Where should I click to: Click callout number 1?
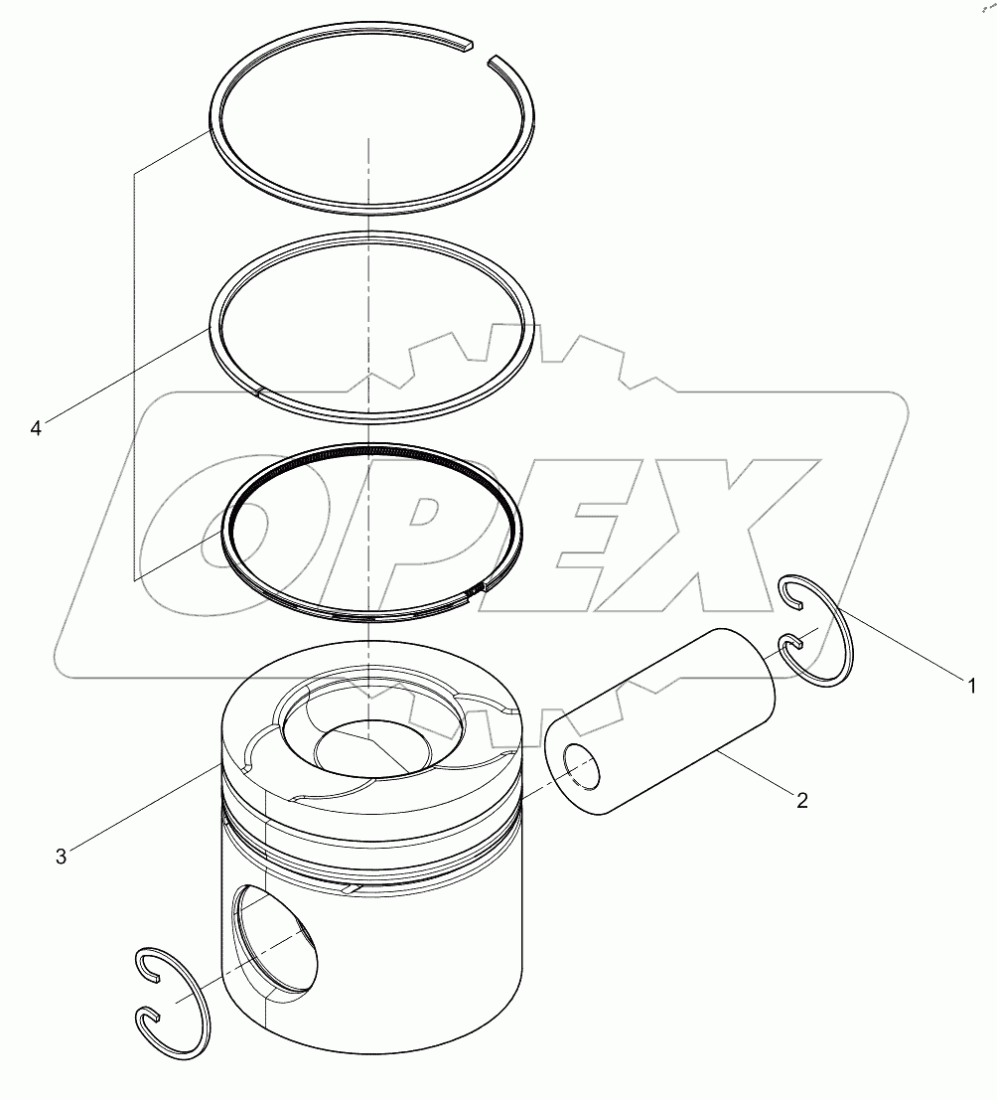tap(972, 685)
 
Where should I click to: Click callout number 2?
tap(801, 799)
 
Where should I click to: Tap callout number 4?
tap(36, 428)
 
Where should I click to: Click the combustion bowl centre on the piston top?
tap(367, 745)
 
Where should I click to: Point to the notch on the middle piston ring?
tap(258, 392)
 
